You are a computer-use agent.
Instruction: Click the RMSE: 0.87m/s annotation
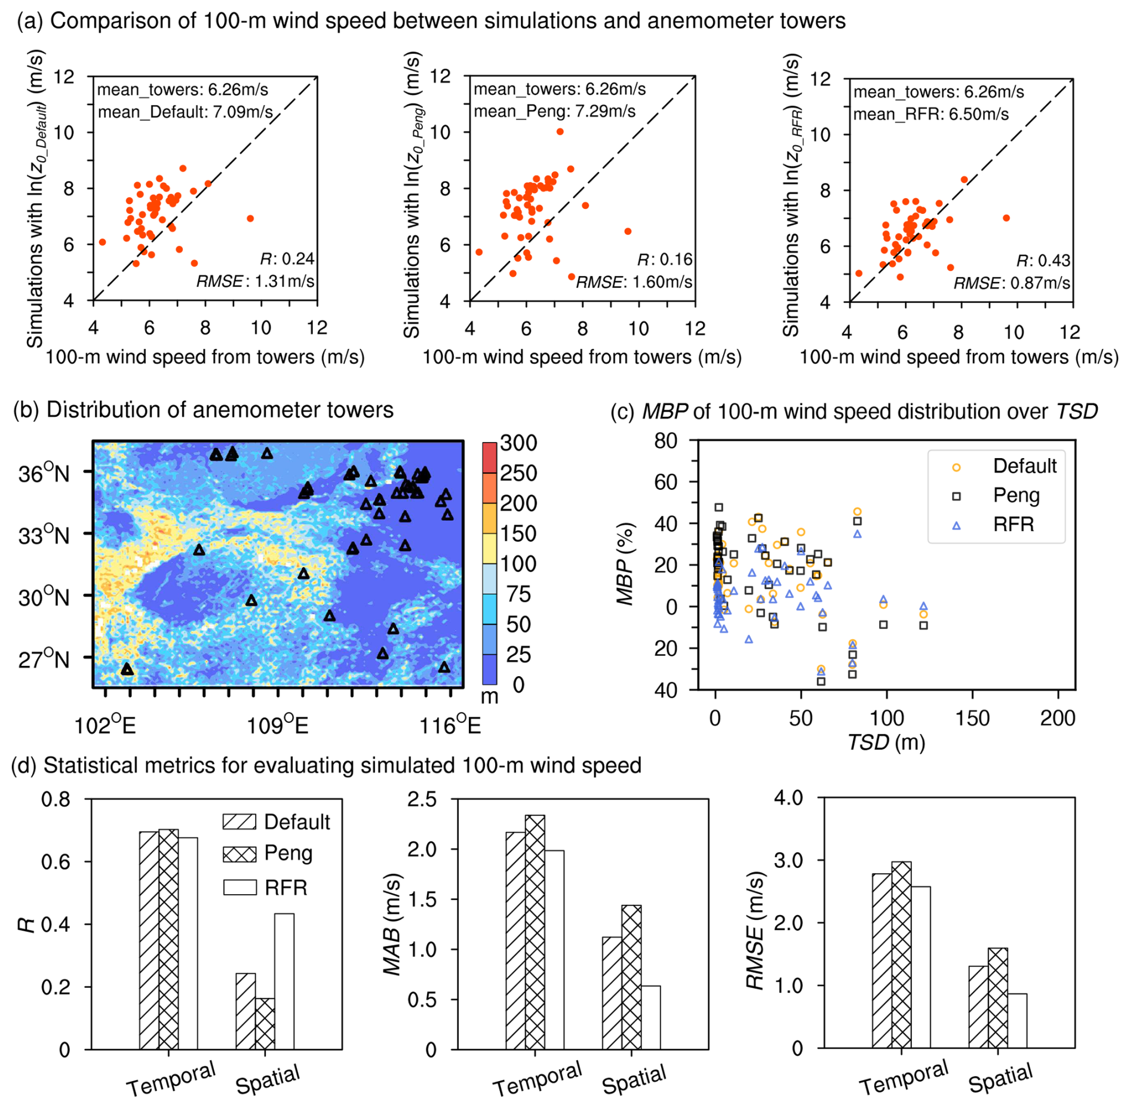coord(1011,283)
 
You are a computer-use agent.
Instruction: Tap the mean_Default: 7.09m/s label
coord(185,112)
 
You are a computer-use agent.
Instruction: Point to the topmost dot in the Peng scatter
coord(560,131)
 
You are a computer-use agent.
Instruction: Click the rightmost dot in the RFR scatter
coord(1006,218)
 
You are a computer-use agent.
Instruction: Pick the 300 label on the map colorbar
coord(518,443)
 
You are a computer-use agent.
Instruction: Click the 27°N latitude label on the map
coord(44,659)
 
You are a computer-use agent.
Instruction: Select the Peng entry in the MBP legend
coord(1016,495)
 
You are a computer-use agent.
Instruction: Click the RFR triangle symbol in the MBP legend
coord(956,526)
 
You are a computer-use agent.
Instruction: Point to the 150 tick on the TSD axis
coord(972,717)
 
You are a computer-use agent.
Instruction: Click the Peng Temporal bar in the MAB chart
coord(535,932)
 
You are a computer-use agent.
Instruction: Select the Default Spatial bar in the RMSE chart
coord(978,1006)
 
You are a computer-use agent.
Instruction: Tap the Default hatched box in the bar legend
coord(239,821)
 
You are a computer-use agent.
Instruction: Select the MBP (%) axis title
coord(625,564)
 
